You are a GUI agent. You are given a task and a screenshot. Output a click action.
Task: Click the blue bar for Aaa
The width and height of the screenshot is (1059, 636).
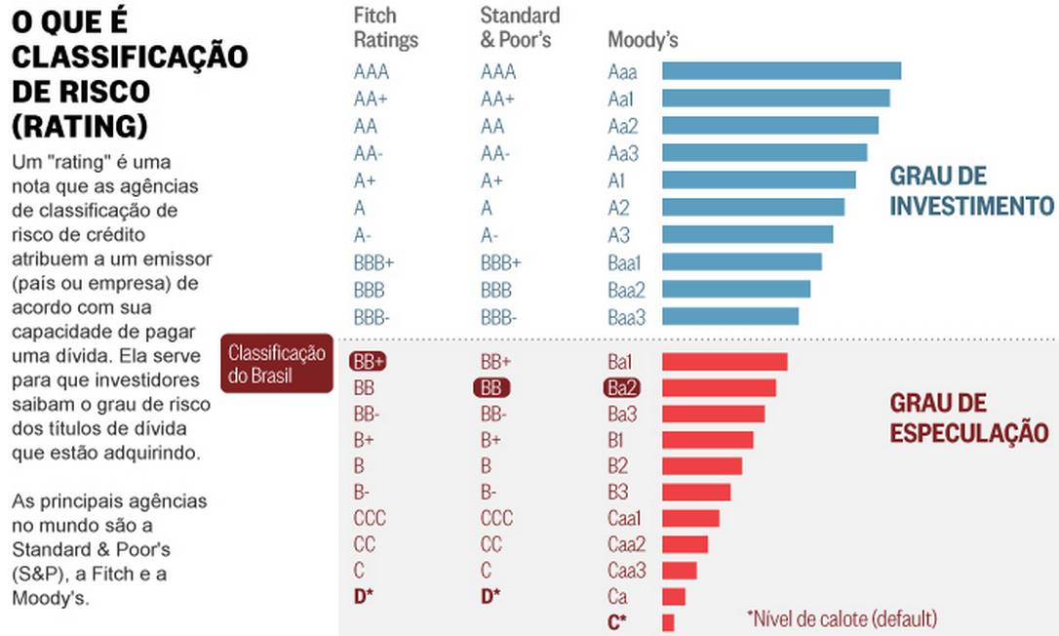click(x=781, y=71)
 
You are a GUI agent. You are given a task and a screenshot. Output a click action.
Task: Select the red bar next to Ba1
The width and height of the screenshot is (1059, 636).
click(x=725, y=362)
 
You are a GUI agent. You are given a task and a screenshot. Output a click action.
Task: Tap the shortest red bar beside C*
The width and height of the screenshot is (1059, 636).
click(x=668, y=622)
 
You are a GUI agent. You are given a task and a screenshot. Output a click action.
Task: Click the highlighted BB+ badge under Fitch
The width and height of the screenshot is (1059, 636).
click(x=368, y=361)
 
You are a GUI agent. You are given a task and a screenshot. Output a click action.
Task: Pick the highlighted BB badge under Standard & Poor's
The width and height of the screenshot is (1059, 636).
click(x=491, y=387)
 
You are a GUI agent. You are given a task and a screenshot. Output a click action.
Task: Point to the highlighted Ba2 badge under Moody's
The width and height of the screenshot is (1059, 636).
click(x=621, y=387)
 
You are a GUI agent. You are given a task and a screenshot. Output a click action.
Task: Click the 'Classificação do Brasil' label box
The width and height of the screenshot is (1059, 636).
click(x=275, y=364)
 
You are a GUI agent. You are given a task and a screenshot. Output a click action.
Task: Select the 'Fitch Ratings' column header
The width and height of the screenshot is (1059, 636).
click(x=385, y=28)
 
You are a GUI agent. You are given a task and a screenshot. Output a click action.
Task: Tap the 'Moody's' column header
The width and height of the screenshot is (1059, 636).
click(x=643, y=41)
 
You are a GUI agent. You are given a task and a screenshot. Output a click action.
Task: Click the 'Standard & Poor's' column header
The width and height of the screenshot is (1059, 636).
click(x=520, y=28)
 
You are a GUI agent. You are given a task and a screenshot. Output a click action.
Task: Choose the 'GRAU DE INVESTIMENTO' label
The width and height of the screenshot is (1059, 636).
click(x=971, y=191)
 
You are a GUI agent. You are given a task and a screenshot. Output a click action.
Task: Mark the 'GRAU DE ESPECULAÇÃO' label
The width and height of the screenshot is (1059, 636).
click(x=968, y=418)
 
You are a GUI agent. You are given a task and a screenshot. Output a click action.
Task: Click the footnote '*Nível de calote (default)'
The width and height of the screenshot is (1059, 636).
click(x=842, y=618)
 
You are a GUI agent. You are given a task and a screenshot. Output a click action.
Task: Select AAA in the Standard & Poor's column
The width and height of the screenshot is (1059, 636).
click(x=498, y=72)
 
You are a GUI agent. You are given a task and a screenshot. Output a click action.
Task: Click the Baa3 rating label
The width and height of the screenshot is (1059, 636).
click(x=626, y=317)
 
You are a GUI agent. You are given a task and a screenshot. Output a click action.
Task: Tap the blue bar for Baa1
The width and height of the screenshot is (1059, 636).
click(x=741, y=261)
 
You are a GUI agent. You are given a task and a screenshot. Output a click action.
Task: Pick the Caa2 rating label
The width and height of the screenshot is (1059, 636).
click(x=626, y=544)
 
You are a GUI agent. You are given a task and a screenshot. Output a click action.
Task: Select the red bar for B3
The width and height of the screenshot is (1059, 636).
click(x=695, y=492)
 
